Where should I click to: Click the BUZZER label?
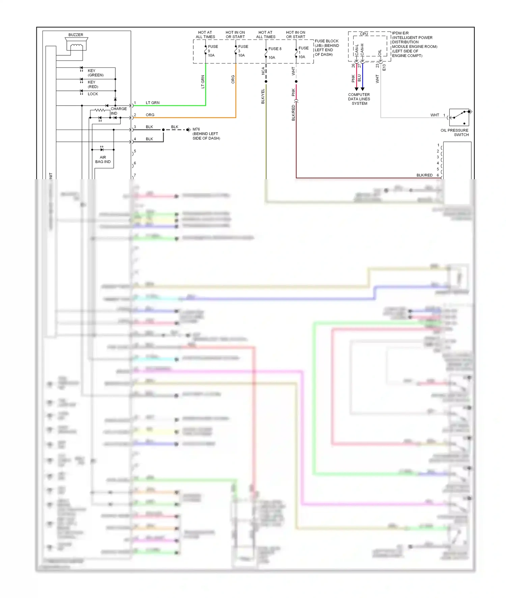click(76, 35)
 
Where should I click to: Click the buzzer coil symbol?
click(77, 46)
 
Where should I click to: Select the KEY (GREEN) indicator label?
click(95, 73)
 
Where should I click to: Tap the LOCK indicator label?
click(93, 94)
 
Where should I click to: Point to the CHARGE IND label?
click(118, 111)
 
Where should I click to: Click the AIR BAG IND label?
click(103, 159)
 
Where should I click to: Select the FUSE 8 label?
click(275, 49)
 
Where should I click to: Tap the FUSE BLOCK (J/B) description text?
click(327, 48)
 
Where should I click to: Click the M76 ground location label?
click(206, 134)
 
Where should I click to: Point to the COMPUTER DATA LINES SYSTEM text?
click(359, 99)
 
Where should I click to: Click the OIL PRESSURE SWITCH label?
click(454, 132)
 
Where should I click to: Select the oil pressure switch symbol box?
click(459, 117)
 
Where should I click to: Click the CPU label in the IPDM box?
click(364, 34)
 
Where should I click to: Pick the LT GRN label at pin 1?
click(152, 103)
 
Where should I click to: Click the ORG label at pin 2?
click(150, 115)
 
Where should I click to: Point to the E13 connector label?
click(384, 67)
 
